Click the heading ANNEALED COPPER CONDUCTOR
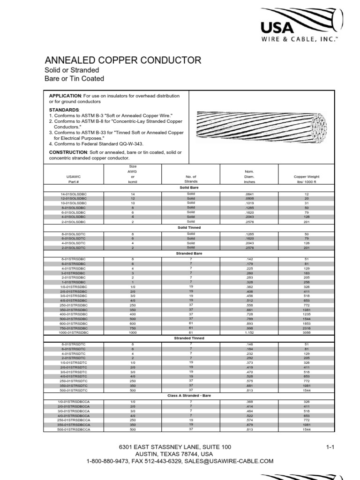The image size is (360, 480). [x=122, y=60]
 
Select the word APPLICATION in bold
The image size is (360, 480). [x=65, y=96]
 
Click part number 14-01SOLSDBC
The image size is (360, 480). [x=74, y=194]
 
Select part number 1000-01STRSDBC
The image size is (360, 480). [x=74, y=332]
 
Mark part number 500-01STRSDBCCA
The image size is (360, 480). [x=74, y=429]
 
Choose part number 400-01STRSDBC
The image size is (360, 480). [x=74, y=314]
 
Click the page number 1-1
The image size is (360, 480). [x=330, y=447]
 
